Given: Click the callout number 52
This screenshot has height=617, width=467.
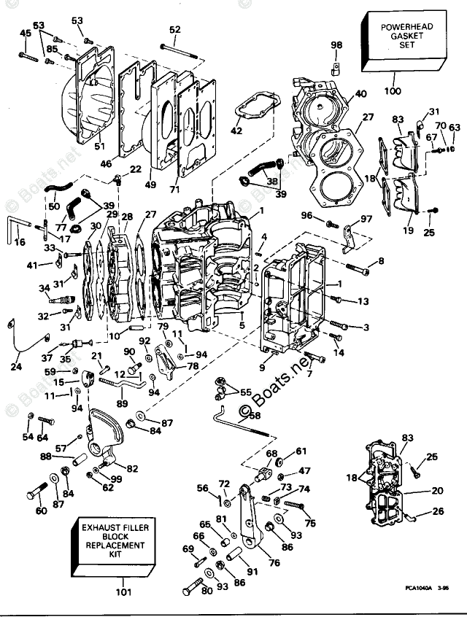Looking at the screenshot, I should [x=174, y=30].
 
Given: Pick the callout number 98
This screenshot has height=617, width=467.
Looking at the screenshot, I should [x=336, y=45].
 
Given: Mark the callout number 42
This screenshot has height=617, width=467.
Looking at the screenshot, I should [x=236, y=131].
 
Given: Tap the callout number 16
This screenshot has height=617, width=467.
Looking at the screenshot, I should [x=19, y=241].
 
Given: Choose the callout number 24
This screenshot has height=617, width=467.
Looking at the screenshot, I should [x=16, y=367].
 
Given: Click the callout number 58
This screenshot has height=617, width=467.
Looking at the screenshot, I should [x=255, y=416].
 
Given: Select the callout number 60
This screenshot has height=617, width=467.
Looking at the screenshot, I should [x=41, y=511].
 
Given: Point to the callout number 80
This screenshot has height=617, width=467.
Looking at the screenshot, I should [x=205, y=591].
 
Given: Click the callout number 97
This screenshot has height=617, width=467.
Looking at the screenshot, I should [x=366, y=219].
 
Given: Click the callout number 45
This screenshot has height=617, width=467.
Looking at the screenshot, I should [x=26, y=33].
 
